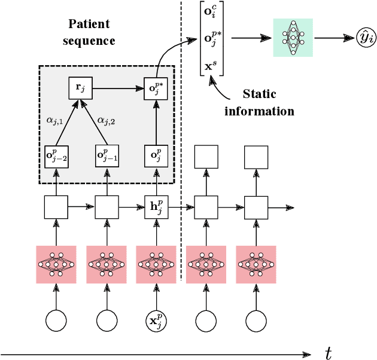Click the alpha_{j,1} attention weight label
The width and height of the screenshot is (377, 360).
pos(46,120)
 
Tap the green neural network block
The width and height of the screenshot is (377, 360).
pos(293,38)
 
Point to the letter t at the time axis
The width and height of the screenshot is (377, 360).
pos(329,352)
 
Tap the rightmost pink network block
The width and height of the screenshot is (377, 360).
pos(256,264)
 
